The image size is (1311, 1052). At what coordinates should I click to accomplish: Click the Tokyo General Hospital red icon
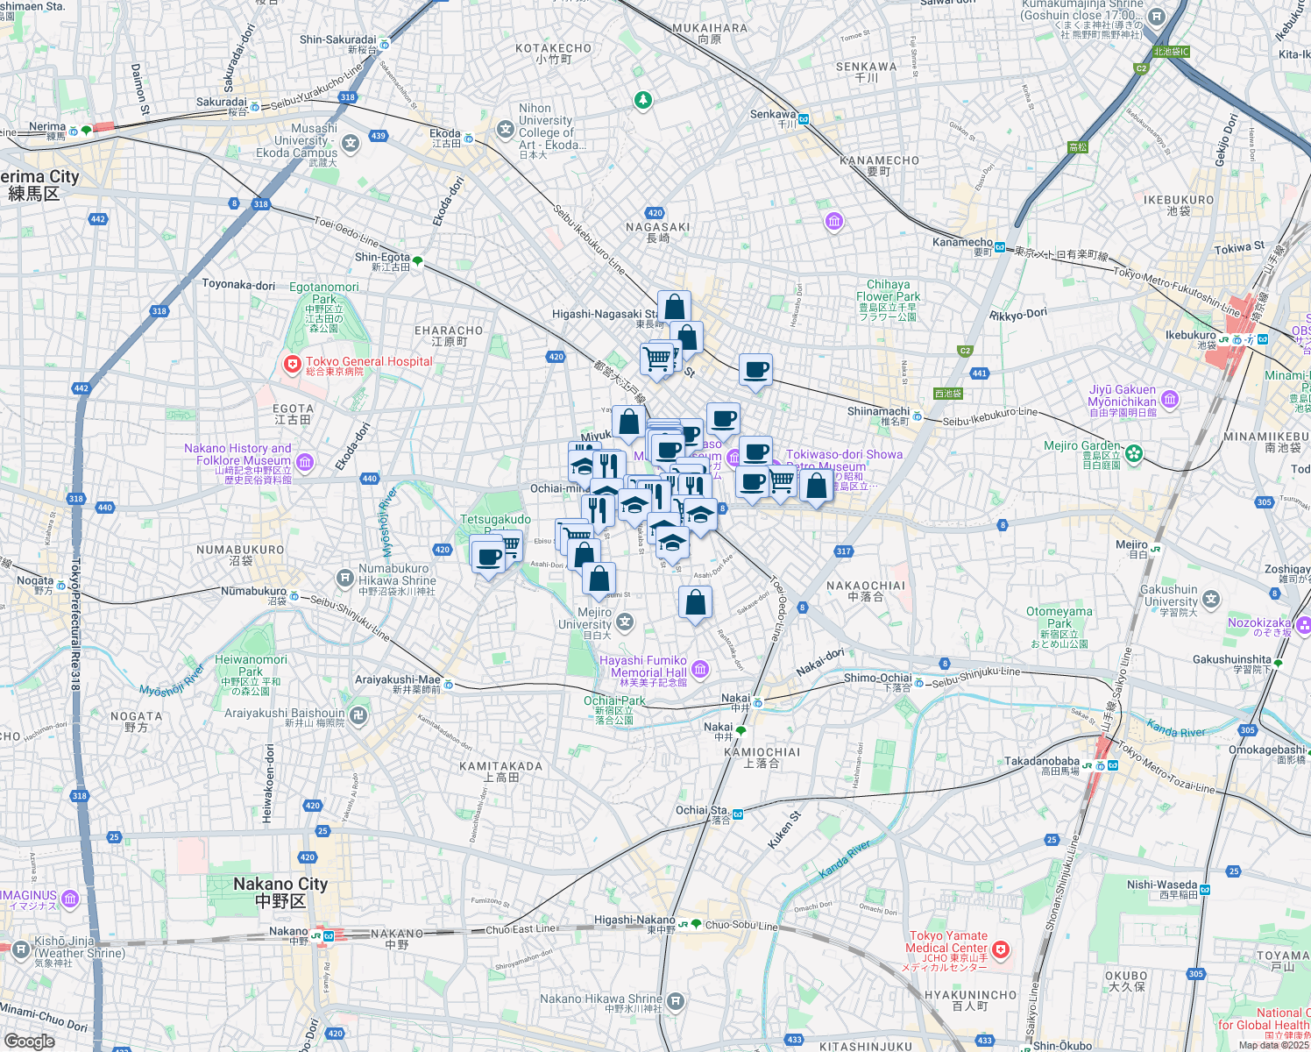pos(292,364)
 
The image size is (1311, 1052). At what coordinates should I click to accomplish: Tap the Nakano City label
pos(280,892)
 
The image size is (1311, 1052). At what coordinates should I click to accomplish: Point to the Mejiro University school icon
pos(624,622)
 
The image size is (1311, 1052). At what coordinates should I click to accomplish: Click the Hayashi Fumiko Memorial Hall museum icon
pos(700,671)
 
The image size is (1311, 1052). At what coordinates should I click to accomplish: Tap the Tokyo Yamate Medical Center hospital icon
pos(1001,949)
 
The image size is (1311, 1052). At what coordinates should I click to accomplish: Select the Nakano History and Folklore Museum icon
pos(305,461)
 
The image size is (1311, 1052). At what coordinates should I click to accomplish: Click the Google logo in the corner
pos(29,1041)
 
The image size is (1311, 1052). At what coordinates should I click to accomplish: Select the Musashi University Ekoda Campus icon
pos(351,144)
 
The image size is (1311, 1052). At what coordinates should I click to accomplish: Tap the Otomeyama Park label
pos(1059,618)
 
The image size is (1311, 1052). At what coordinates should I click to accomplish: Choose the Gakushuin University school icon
pos(1211,600)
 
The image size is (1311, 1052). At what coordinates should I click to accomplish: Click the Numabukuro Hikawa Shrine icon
pos(345,578)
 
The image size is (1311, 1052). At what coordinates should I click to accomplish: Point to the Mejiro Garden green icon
pos(1134,453)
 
